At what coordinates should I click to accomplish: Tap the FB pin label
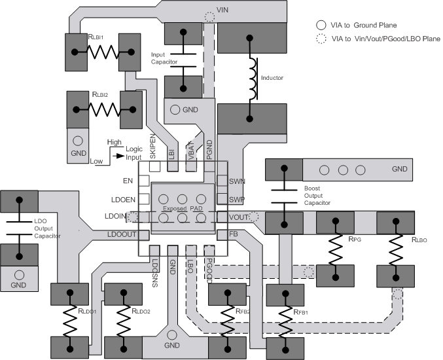pos(233,234)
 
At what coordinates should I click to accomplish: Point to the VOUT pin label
pos(239,217)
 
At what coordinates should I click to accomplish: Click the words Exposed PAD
pos(182,208)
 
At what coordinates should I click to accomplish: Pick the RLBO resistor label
pos(419,240)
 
